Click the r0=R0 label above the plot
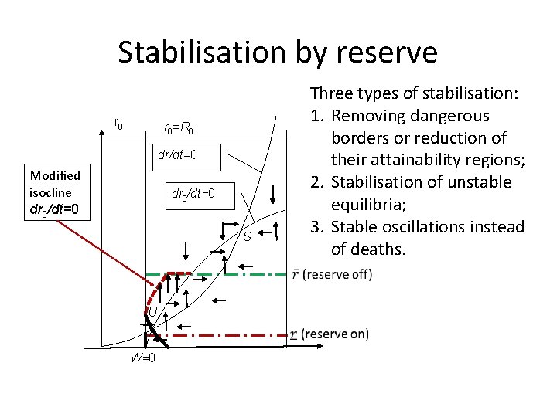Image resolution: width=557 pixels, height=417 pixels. point(183,127)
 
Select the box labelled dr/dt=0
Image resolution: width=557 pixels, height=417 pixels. point(177,155)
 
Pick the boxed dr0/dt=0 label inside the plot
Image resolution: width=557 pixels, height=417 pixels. point(193,193)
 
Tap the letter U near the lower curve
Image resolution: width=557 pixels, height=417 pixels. point(153,312)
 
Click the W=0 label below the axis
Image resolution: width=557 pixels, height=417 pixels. point(142,358)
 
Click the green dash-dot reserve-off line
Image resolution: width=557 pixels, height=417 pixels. point(255,273)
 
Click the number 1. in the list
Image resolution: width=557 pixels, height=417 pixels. point(316,116)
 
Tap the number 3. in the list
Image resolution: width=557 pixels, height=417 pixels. point(316,227)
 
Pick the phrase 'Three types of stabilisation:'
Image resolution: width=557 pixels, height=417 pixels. point(414,93)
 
